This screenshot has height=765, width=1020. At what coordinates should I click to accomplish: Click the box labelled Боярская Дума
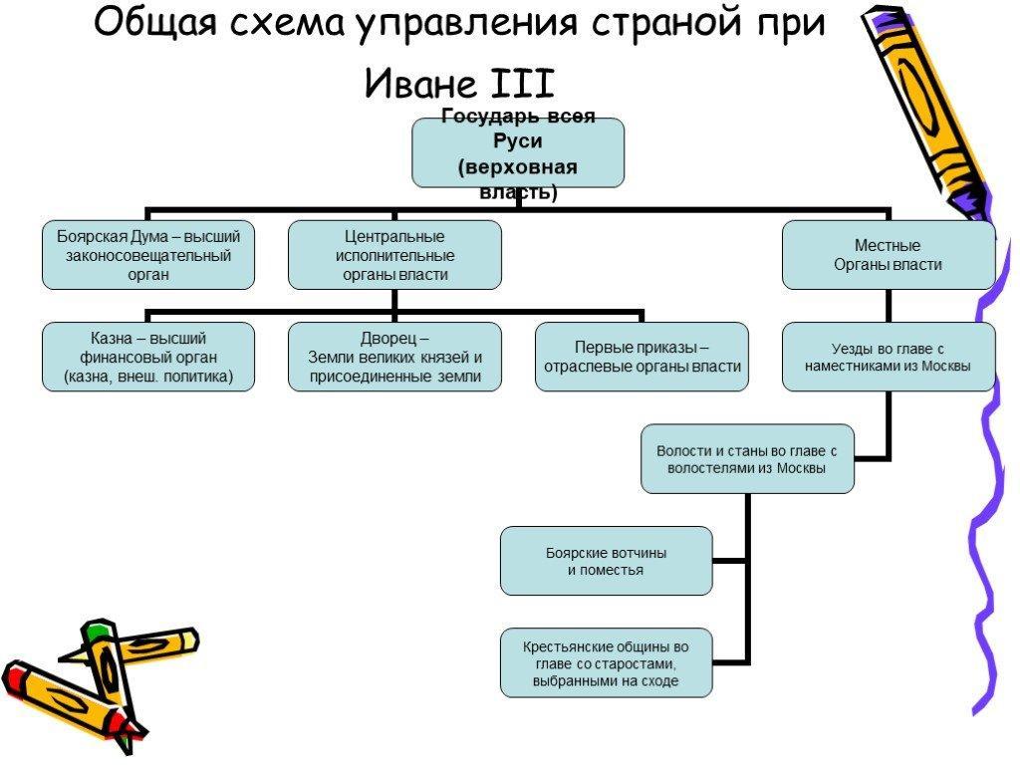coord(148,255)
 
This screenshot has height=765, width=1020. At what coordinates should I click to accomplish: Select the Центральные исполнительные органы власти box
coord(394,255)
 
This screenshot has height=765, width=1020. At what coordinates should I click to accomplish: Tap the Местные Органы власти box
coord(889,255)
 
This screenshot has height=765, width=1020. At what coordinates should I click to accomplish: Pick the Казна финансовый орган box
coord(148,357)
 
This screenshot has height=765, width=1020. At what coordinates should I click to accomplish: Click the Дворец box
coord(394,357)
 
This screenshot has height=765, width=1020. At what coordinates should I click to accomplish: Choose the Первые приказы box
coord(642,357)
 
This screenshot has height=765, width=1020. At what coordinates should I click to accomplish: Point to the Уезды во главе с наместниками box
coord(889,357)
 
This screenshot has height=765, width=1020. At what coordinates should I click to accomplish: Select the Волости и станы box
coord(747,458)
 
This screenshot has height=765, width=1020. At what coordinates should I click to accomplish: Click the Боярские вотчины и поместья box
coord(607,561)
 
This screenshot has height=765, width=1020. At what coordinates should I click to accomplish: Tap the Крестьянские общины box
coord(607,662)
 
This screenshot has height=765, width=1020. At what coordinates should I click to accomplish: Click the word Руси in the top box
coord(518,141)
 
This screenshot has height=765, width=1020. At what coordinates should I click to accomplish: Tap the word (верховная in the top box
coord(518,167)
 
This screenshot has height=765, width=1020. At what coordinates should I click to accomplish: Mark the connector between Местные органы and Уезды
coord(889,306)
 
